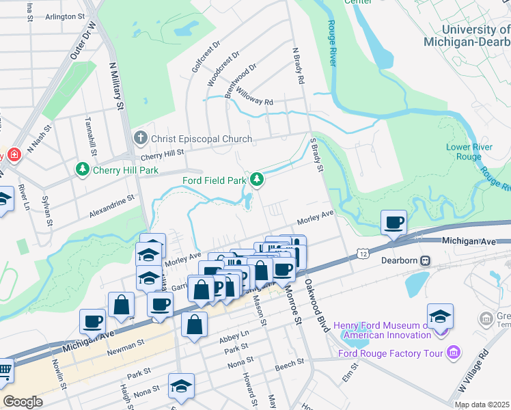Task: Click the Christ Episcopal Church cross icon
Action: click(141, 139)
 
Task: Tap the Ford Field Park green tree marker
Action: click(256, 180)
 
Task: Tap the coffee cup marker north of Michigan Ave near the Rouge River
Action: click(393, 222)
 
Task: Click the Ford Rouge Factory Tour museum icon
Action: click(452, 353)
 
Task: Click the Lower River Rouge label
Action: click(464, 152)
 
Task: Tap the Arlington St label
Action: click(65, 15)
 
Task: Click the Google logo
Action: click(23, 401)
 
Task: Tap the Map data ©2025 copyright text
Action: click(482, 405)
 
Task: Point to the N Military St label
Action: click(117, 85)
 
